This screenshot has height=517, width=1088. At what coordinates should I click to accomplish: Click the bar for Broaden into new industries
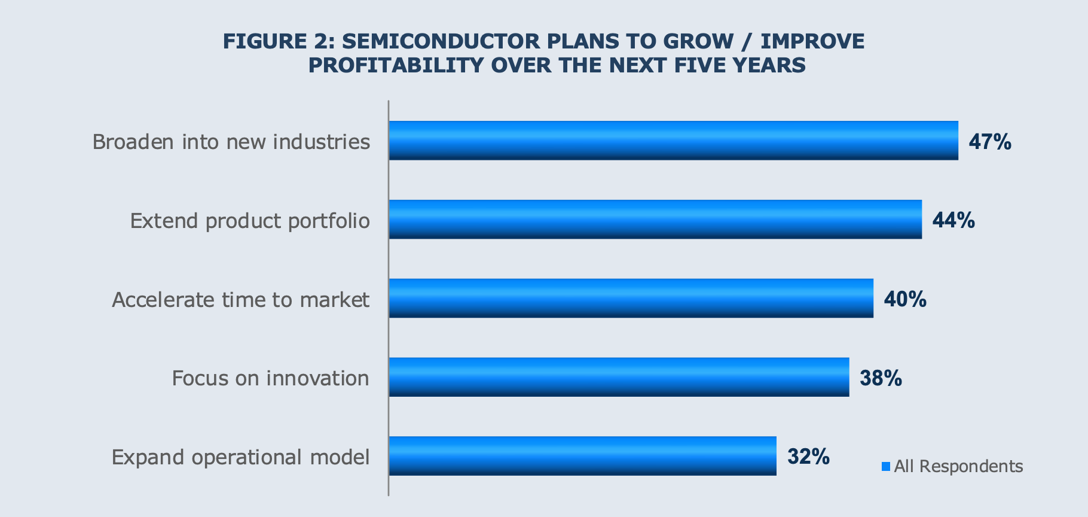click(673, 141)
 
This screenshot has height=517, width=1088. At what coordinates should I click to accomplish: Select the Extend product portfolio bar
click(655, 220)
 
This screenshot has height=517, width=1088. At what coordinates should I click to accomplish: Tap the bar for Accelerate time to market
click(631, 298)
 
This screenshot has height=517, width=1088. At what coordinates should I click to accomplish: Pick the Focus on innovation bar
click(619, 377)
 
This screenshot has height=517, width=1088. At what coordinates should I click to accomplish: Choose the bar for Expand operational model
click(582, 456)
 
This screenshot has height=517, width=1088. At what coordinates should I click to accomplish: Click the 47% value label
click(990, 142)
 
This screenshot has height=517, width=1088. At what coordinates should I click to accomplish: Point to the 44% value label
click(953, 221)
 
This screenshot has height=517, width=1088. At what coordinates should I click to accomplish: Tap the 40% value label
click(905, 299)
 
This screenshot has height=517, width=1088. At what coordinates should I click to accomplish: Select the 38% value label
click(881, 378)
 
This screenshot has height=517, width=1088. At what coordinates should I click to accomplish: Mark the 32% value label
click(808, 457)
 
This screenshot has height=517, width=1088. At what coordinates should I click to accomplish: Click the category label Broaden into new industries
click(231, 142)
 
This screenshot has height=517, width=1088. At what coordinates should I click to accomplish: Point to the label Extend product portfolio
click(250, 221)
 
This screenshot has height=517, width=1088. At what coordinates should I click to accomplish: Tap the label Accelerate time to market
click(240, 299)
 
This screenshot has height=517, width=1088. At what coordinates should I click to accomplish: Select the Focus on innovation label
click(270, 378)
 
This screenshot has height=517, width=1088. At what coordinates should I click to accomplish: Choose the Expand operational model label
click(240, 457)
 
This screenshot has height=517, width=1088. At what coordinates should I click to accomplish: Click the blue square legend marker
click(886, 466)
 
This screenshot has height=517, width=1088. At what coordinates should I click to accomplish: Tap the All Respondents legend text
click(958, 466)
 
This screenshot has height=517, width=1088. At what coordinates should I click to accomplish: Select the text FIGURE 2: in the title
click(279, 41)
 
